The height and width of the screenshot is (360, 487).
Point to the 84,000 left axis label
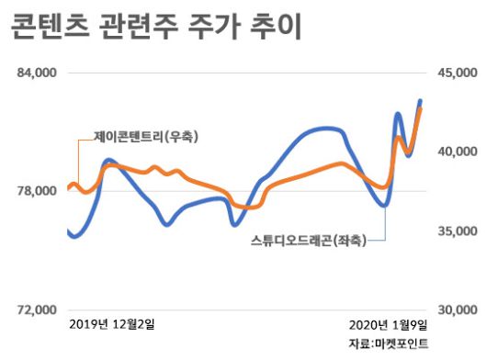coord(38,73)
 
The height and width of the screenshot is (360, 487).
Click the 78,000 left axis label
coord(38,191)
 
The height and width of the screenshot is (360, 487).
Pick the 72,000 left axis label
coord(38,309)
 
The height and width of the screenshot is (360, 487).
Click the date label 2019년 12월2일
coord(113,324)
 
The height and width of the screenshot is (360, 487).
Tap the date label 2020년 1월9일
coord(388,324)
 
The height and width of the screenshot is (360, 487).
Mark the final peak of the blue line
coord(421,100)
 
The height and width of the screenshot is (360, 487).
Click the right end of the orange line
coord(421,108)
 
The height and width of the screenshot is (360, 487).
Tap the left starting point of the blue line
coord(69,231)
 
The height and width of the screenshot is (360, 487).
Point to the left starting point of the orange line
coord(69,189)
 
